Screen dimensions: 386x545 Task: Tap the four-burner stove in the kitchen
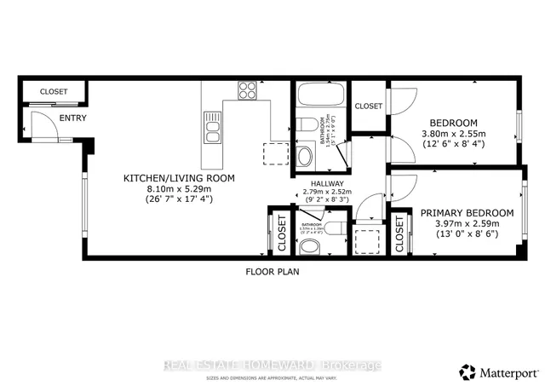(x=248, y=89)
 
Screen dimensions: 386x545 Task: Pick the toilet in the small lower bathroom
(x=336, y=227)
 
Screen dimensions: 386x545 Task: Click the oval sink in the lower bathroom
(x=312, y=247)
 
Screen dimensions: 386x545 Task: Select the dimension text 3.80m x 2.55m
(x=453, y=133)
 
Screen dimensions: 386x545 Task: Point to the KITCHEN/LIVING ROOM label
(x=179, y=178)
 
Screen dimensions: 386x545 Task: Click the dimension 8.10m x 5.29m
(x=179, y=188)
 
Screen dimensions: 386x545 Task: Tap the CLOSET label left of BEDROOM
(x=368, y=106)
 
